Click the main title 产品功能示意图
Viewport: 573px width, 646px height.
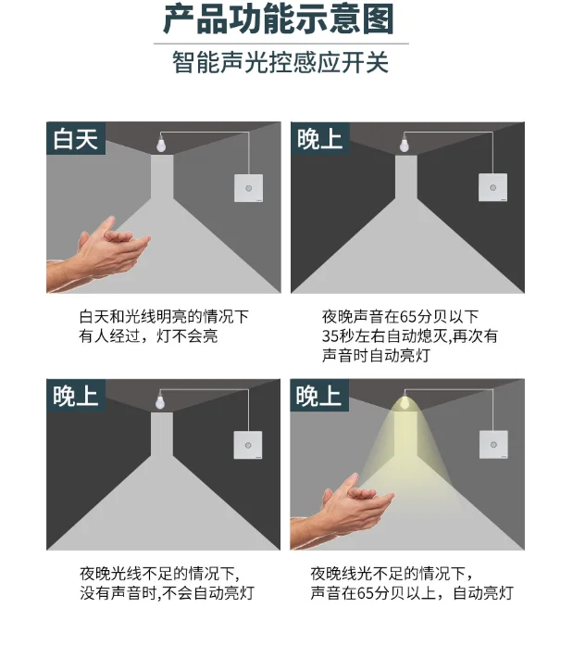pyautogui.click(x=279, y=19)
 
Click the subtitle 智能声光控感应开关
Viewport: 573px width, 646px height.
pyautogui.click(x=280, y=63)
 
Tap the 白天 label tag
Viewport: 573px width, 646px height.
pyautogui.click(x=76, y=138)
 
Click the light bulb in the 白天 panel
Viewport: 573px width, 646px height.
pyautogui.click(x=161, y=144)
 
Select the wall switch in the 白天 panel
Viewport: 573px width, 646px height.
pyautogui.click(x=248, y=188)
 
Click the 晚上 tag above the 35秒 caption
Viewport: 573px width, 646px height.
pyautogui.click(x=320, y=138)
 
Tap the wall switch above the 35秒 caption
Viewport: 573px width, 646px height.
pyautogui.click(x=492, y=187)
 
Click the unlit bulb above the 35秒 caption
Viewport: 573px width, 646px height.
pyautogui.click(x=405, y=144)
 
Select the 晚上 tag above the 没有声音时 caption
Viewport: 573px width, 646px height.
pyautogui.click(x=76, y=396)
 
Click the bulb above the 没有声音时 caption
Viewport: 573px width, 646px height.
pyautogui.click(x=160, y=401)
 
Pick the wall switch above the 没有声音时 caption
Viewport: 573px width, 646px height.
pyautogui.click(x=248, y=445)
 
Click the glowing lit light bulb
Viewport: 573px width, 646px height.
pyautogui.click(x=405, y=402)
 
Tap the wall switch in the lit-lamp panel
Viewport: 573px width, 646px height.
pyautogui.click(x=493, y=445)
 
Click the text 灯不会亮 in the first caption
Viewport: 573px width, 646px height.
pyautogui.click(x=187, y=336)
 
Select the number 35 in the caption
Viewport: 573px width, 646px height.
pyautogui.click(x=330, y=336)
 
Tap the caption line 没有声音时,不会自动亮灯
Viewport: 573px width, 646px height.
pyautogui.click(x=167, y=593)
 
